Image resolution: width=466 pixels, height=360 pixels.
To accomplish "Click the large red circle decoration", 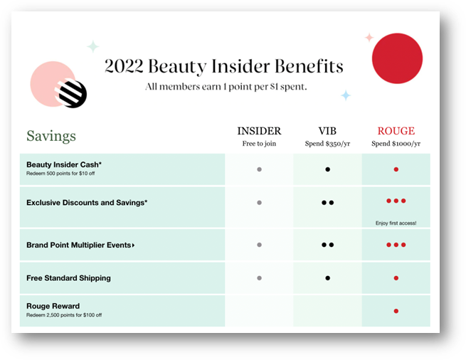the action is [398, 58].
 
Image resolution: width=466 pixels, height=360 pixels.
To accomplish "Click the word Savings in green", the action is [51, 136].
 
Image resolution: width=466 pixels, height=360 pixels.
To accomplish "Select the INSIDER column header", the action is [259, 131].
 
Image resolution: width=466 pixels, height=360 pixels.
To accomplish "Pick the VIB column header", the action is [327, 131].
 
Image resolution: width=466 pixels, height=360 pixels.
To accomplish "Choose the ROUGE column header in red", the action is [396, 131].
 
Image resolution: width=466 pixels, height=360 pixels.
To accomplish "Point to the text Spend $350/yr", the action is [327, 144].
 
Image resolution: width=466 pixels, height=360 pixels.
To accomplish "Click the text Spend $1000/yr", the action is [396, 144].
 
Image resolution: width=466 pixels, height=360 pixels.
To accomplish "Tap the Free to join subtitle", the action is [259, 144].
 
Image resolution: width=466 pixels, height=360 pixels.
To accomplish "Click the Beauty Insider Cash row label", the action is [64, 164].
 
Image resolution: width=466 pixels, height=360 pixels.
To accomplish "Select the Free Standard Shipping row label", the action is [68, 278].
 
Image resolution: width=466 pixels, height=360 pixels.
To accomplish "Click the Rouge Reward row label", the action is [53, 306].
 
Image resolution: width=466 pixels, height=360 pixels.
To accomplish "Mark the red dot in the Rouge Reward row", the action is [396, 311].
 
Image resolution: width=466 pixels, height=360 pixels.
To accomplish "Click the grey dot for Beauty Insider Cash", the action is [259, 169].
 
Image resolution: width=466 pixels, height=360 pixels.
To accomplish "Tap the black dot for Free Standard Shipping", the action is [327, 278].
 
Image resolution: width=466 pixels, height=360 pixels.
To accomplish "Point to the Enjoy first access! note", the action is [396, 223].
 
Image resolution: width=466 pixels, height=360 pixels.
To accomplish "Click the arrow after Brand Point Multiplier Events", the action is [134, 245].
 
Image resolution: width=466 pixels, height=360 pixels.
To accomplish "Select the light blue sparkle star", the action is [346, 95].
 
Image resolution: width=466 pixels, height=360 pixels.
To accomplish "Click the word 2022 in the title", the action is [124, 65].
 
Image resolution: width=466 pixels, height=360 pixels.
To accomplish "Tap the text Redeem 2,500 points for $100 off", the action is [64, 315].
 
